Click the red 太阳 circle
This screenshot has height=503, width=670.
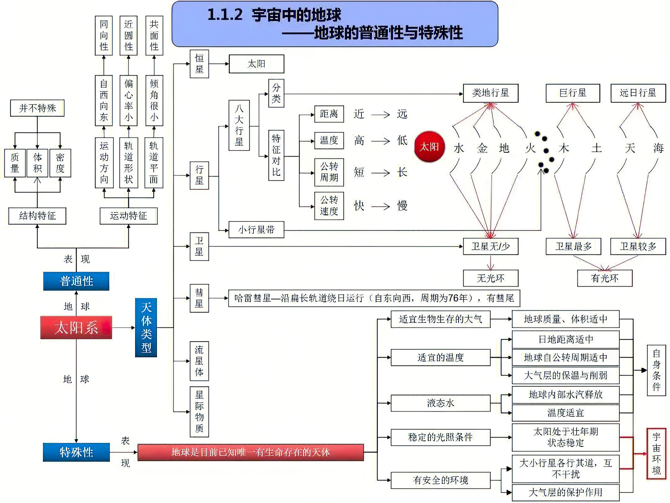coord(429,147)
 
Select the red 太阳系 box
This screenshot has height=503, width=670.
coord(76,327)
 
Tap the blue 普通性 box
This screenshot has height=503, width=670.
coord(76,281)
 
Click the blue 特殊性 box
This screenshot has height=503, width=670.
coord(76,452)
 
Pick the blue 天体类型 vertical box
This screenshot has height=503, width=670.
coord(146,327)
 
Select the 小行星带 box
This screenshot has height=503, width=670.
coord(256,230)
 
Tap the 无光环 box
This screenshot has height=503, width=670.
coord(490,278)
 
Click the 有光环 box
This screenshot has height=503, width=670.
coord(605,278)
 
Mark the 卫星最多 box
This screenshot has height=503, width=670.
coord(573,246)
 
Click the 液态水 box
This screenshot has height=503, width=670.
coord(440,403)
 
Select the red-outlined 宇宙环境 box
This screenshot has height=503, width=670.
coord(656,454)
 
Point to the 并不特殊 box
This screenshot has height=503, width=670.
coord(37,108)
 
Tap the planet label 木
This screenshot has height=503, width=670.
coord(564,148)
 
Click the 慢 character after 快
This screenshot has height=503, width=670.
coord(402,206)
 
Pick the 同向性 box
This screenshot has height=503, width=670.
coord(104,36)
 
